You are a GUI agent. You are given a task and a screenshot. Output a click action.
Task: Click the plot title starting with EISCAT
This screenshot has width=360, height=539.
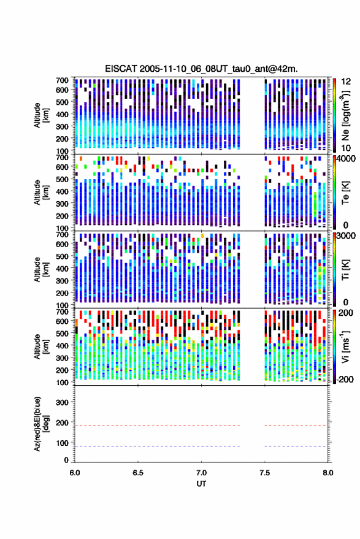click(x=201, y=69)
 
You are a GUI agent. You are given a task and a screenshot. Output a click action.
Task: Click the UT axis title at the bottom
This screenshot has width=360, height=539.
click(x=201, y=484)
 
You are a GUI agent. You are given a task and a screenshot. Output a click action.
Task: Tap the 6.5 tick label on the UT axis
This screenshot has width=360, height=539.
click(x=138, y=473)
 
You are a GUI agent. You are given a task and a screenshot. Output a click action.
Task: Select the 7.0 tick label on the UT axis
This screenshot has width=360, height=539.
click(x=201, y=473)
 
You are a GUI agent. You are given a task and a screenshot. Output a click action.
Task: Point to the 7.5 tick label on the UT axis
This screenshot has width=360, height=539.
click(x=265, y=473)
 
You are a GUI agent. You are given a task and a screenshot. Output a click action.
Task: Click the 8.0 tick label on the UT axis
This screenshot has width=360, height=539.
click(x=328, y=473)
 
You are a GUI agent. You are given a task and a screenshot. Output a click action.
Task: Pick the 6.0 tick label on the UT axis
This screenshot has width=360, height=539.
click(x=75, y=473)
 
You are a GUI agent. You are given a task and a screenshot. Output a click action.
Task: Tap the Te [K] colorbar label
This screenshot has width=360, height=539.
click(x=345, y=193)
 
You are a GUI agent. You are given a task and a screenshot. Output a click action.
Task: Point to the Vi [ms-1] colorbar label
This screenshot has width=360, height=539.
click(x=345, y=346)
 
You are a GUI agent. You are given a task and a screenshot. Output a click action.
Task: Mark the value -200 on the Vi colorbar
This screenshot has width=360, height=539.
click(x=344, y=380)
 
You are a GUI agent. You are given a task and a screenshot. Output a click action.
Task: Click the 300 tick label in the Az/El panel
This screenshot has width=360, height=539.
click(x=62, y=402)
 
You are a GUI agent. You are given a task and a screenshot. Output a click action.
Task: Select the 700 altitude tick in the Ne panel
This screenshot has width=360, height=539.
click(x=62, y=80)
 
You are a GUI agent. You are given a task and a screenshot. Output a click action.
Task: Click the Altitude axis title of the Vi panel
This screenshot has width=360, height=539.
click(x=41, y=346)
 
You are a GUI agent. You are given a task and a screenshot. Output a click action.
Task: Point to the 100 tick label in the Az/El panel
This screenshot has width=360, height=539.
click(x=62, y=443)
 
